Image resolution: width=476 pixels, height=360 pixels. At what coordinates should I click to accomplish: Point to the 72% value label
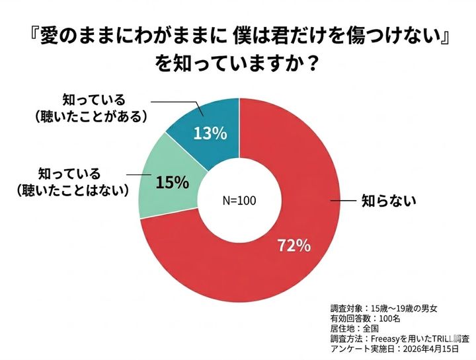294,246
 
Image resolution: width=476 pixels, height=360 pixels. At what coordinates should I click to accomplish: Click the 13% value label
210,133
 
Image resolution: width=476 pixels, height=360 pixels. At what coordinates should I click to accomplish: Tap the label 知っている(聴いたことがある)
93,107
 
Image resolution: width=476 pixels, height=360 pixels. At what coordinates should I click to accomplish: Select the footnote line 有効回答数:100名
365,319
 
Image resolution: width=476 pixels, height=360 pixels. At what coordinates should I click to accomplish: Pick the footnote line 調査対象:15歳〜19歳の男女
383,308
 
